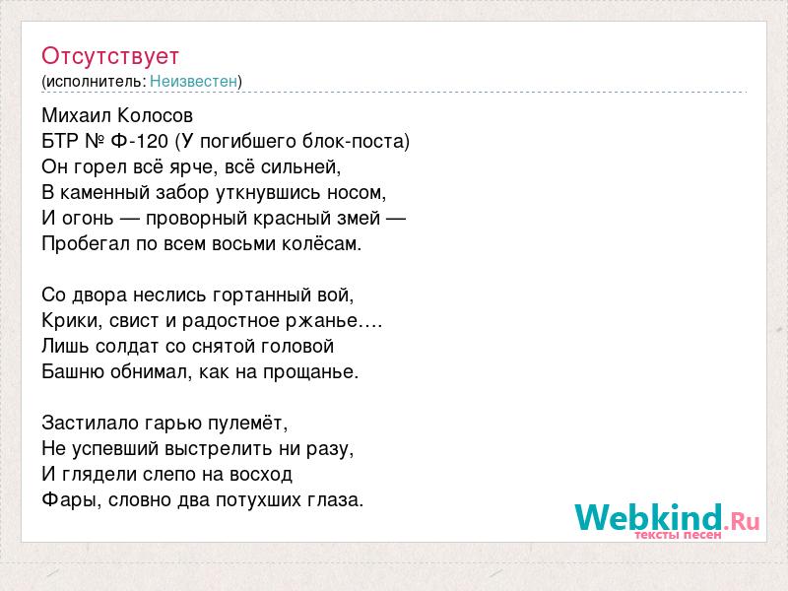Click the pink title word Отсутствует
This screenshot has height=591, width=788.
(x=110, y=56)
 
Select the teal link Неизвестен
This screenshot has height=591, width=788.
(x=193, y=81)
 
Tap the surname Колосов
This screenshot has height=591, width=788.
(x=155, y=115)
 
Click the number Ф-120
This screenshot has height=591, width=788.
(x=139, y=141)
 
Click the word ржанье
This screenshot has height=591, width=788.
(x=322, y=321)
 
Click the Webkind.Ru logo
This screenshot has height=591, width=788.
(x=667, y=521)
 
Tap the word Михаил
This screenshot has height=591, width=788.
(x=77, y=115)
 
